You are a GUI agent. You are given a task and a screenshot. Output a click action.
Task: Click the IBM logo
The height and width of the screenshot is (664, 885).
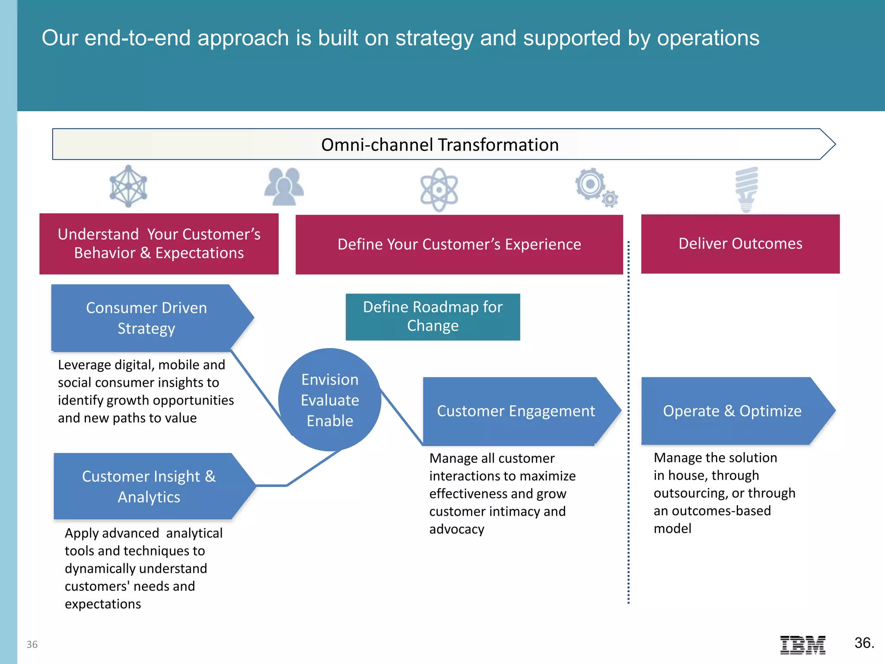(x=802, y=645)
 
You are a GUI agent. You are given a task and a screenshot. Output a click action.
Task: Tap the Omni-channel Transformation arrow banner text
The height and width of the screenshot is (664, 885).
(x=439, y=145)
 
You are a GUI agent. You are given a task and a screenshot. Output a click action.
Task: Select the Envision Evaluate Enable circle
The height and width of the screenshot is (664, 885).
(x=330, y=400)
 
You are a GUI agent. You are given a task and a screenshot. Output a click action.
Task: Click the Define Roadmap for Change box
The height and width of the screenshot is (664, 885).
(x=433, y=316)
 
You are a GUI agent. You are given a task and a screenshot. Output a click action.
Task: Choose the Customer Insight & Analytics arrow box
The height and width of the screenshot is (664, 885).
(x=149, y=486)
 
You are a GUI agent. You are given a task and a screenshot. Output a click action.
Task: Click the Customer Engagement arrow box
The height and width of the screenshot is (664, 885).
(x=516, y=411)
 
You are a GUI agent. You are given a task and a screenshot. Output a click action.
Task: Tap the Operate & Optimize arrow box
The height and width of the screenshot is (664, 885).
(x=732, y=411)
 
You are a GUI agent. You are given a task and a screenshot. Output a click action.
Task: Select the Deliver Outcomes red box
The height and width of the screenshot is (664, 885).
(x=740, y=244)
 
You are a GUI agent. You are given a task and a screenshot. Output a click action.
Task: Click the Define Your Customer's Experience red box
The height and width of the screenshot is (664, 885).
(x=459, y=244)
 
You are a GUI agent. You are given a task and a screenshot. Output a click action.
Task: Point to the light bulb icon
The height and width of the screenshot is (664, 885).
(x=746, y=189)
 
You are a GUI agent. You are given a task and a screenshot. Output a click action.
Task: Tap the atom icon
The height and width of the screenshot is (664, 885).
(x=439, y=190)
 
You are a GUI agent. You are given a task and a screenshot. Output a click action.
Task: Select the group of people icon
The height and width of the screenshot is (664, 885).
(x=284, y=186)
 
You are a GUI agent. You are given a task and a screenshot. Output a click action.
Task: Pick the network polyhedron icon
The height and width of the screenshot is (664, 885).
(x=128, y=186)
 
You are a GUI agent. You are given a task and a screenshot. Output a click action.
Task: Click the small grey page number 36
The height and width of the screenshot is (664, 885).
(x=32, y=645)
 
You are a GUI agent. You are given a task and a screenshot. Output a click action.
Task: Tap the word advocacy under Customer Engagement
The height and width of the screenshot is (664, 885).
(x=457, y=529)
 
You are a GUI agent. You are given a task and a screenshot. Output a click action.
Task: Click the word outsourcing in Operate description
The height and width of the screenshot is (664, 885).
(x=689, y=493)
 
